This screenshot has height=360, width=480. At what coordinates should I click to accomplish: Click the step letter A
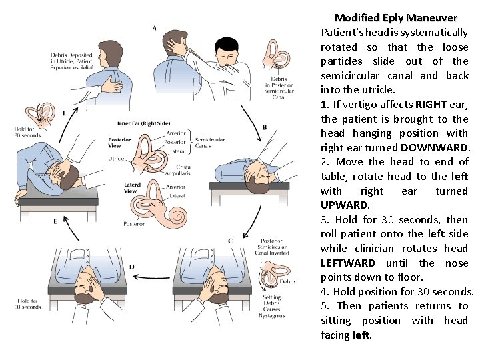tap(155, 28)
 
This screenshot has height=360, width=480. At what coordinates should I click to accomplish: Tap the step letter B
tap(265, 127)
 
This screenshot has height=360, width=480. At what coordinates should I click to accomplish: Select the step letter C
tap(230, 241)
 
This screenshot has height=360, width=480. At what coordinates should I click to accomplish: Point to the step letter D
tap(132, 267)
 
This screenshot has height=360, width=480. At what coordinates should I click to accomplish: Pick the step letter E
tap(55, 220)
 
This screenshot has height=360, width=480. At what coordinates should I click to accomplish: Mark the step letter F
tap(65, 113)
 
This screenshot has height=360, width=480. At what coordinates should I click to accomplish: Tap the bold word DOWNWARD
tap(435, 148)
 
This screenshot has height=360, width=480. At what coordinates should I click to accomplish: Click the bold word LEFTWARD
tap(348, 263)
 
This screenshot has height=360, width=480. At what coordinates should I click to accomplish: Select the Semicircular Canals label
tap(212, 142)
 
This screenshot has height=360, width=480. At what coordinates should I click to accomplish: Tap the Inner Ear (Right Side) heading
tap(143, 123)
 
